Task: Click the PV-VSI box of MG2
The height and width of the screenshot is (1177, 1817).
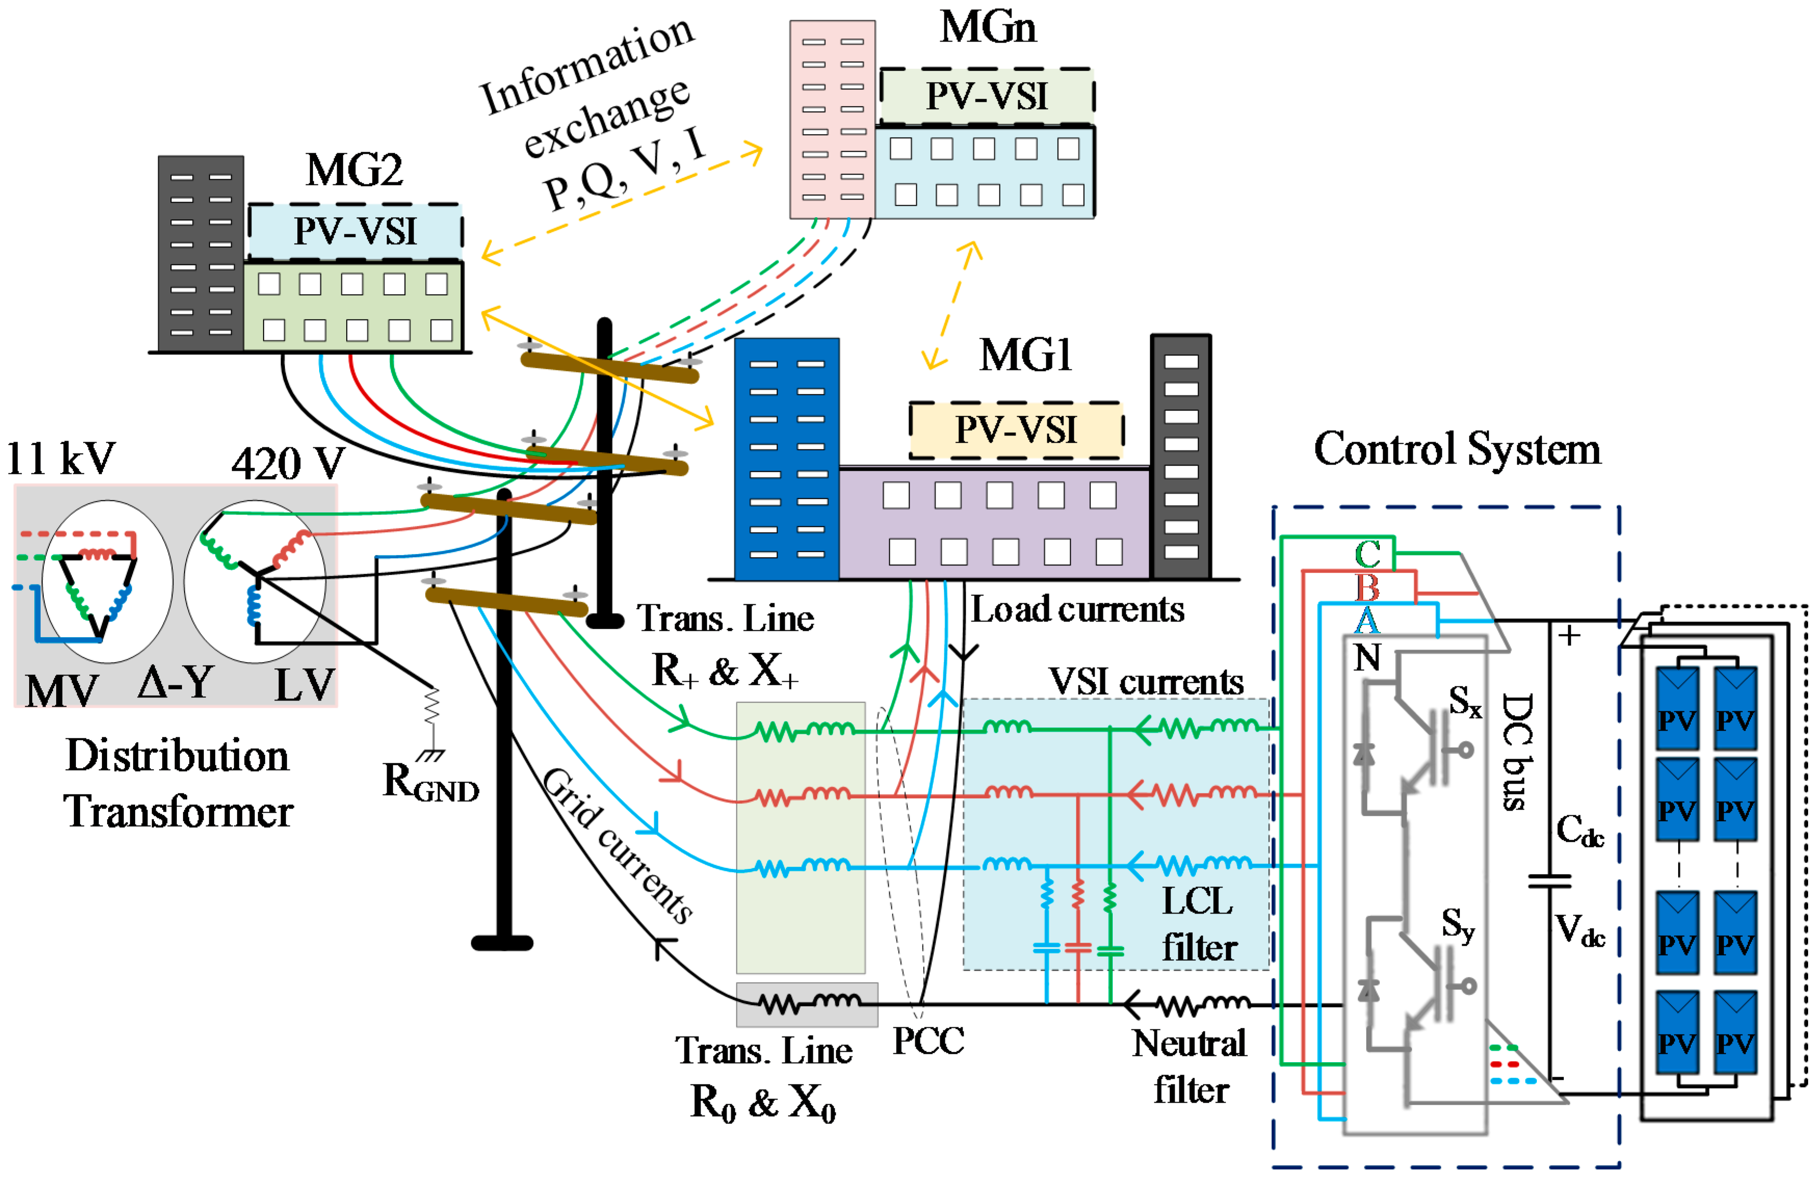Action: [355, 231]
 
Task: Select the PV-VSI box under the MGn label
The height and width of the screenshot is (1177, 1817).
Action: [986, 96]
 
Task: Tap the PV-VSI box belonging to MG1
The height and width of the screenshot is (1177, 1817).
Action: [1016, 430]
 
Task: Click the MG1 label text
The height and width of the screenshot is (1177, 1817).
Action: [1025, 355]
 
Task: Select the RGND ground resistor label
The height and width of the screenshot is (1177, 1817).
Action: [430, 783]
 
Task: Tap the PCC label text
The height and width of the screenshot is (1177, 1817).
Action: [928, 1040]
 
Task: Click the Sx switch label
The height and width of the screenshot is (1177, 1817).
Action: [1464, 700]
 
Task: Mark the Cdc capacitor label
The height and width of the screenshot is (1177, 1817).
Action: [1579, 830]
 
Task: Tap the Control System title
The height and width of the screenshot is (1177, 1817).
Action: [1457, 449]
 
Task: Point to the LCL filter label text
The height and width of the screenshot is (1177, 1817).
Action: [1199, 923]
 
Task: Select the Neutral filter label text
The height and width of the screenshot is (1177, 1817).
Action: [1190, 1066]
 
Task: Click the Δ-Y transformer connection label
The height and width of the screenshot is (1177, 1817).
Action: [176, 682]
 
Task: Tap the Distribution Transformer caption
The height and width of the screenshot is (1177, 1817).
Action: [177, 783]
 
